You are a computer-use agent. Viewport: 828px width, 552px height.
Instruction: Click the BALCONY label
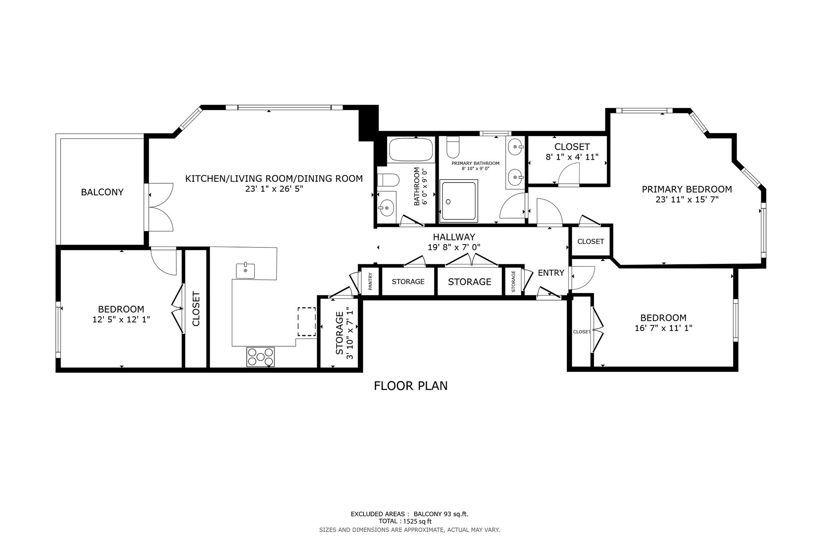tap(102, 192)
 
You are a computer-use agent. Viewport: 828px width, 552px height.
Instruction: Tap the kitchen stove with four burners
tap(260, 357)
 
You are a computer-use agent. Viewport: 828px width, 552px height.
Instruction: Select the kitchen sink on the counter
tap(246, 271)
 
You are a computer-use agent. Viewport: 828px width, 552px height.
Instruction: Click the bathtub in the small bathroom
tap(411, 150)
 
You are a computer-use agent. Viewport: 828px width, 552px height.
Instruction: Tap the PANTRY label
tap(370, 281)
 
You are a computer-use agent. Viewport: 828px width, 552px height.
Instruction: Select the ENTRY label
tap(551, 273)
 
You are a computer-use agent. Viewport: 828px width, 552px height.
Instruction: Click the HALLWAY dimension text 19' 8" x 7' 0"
tap(454, 247)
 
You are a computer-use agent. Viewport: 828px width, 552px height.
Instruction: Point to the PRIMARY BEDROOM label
tap(686, 190)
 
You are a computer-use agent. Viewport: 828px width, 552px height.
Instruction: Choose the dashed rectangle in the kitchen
tap(307, 322)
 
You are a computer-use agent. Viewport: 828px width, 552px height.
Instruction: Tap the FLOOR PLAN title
tap(410, 386)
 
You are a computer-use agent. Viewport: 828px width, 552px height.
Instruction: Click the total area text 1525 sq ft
tap(405, 521)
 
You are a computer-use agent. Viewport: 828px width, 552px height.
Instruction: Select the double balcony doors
tap(160, 207)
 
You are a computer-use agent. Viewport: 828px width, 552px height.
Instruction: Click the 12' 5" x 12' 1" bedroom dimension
tap(121, 319)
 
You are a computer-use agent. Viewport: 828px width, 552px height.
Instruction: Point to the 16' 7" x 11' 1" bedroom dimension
tap(663, 328)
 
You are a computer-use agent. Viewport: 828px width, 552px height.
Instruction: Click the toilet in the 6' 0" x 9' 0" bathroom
tap(388, 180)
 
